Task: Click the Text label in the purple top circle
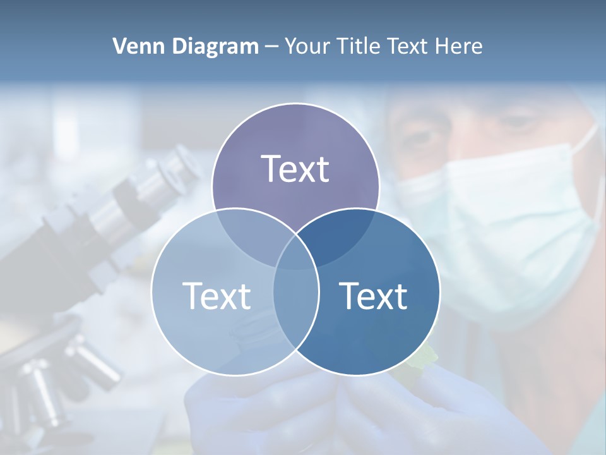[x=295, y=169]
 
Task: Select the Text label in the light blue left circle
[x=217, y=296]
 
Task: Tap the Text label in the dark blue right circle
[x=373, y=296]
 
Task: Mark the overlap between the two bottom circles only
[x=295, y=303]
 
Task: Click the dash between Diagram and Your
[x=271, y=47]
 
